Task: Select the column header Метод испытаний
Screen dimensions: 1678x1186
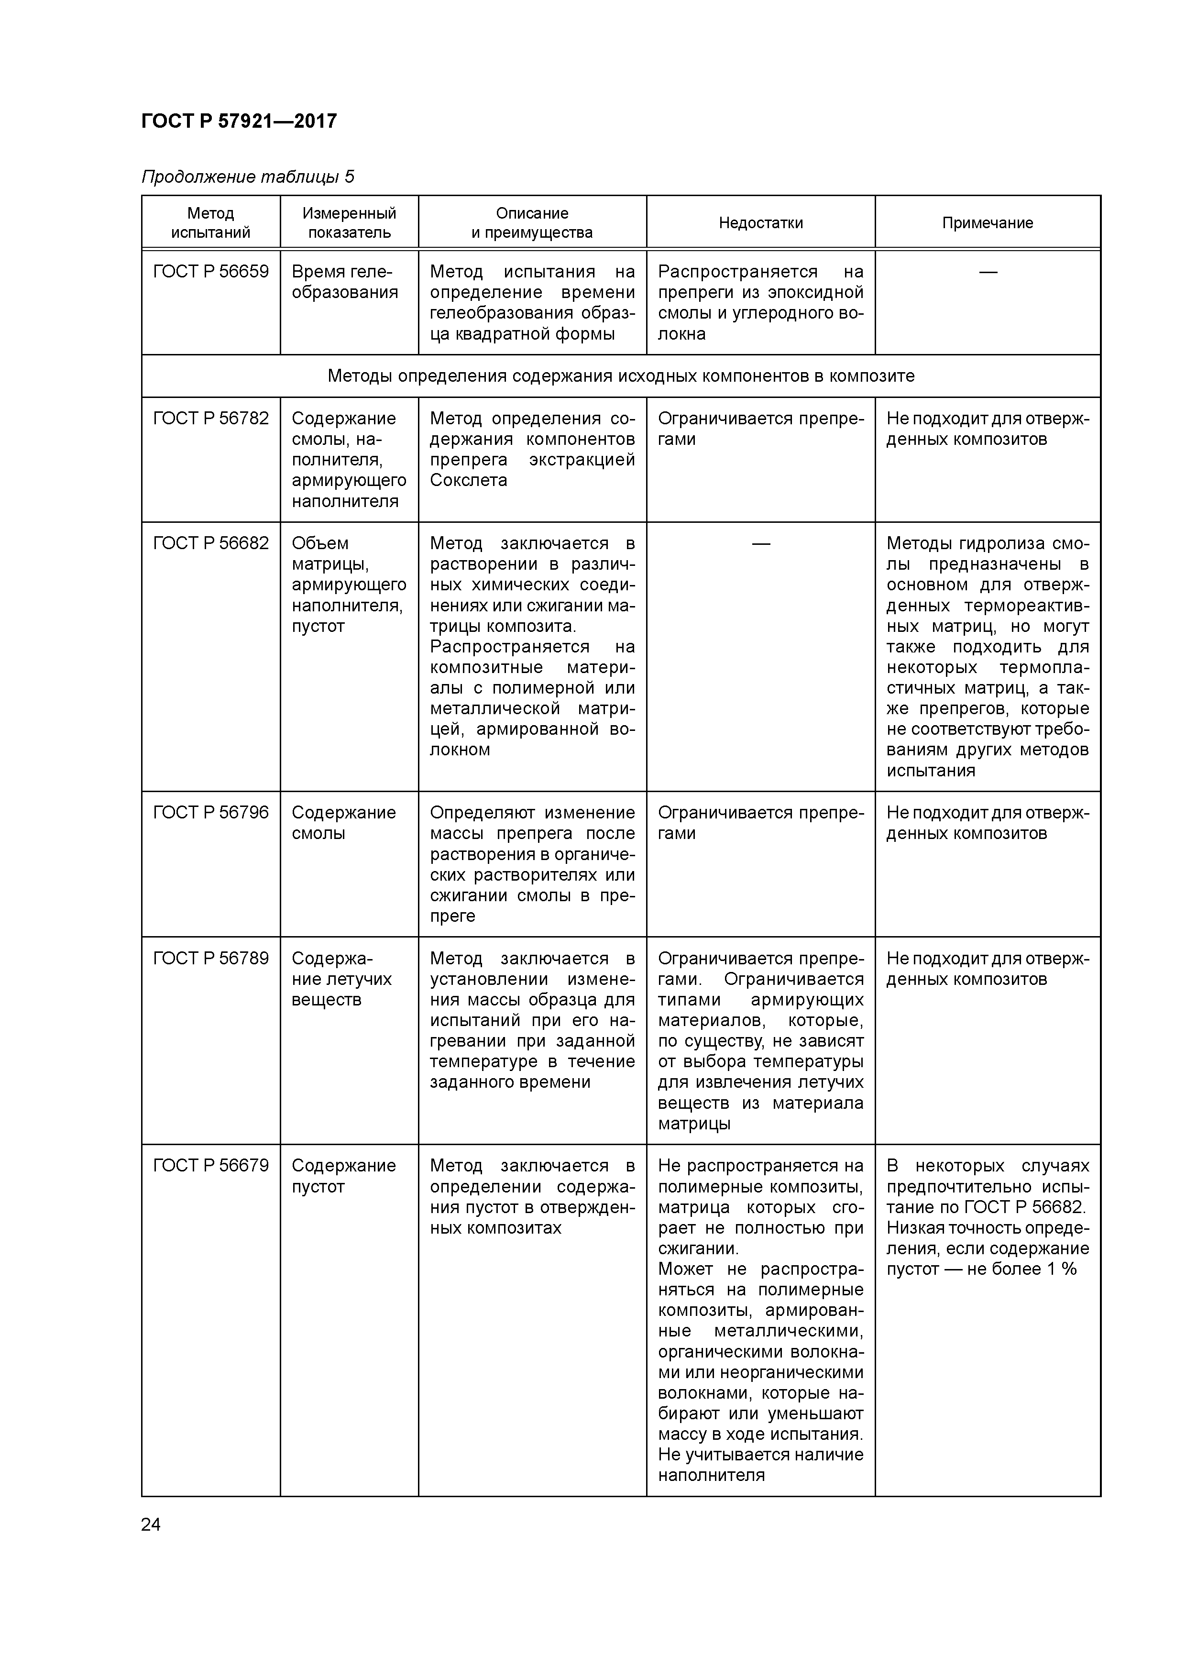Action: click(210, 223)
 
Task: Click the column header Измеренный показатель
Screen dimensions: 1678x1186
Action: click(349, 223)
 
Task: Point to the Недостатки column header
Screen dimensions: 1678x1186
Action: click(761, 223)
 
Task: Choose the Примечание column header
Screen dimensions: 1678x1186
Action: click(987, 223)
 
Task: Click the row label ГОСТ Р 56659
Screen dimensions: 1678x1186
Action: click(210, 272)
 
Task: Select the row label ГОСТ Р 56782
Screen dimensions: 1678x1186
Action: click(210, 419)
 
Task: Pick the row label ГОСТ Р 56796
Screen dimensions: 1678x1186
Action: click(210, 813)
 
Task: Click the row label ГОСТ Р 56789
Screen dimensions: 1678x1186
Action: click(210, 958)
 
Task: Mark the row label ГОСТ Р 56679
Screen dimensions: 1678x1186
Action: click(210, 1166)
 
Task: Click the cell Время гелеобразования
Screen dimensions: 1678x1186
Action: click(344, 282)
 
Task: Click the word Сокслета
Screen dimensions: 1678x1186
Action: click(468, 481)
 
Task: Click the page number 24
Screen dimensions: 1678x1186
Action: click(151, 1524)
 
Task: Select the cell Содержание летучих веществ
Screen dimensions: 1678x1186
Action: click(341, 979)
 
